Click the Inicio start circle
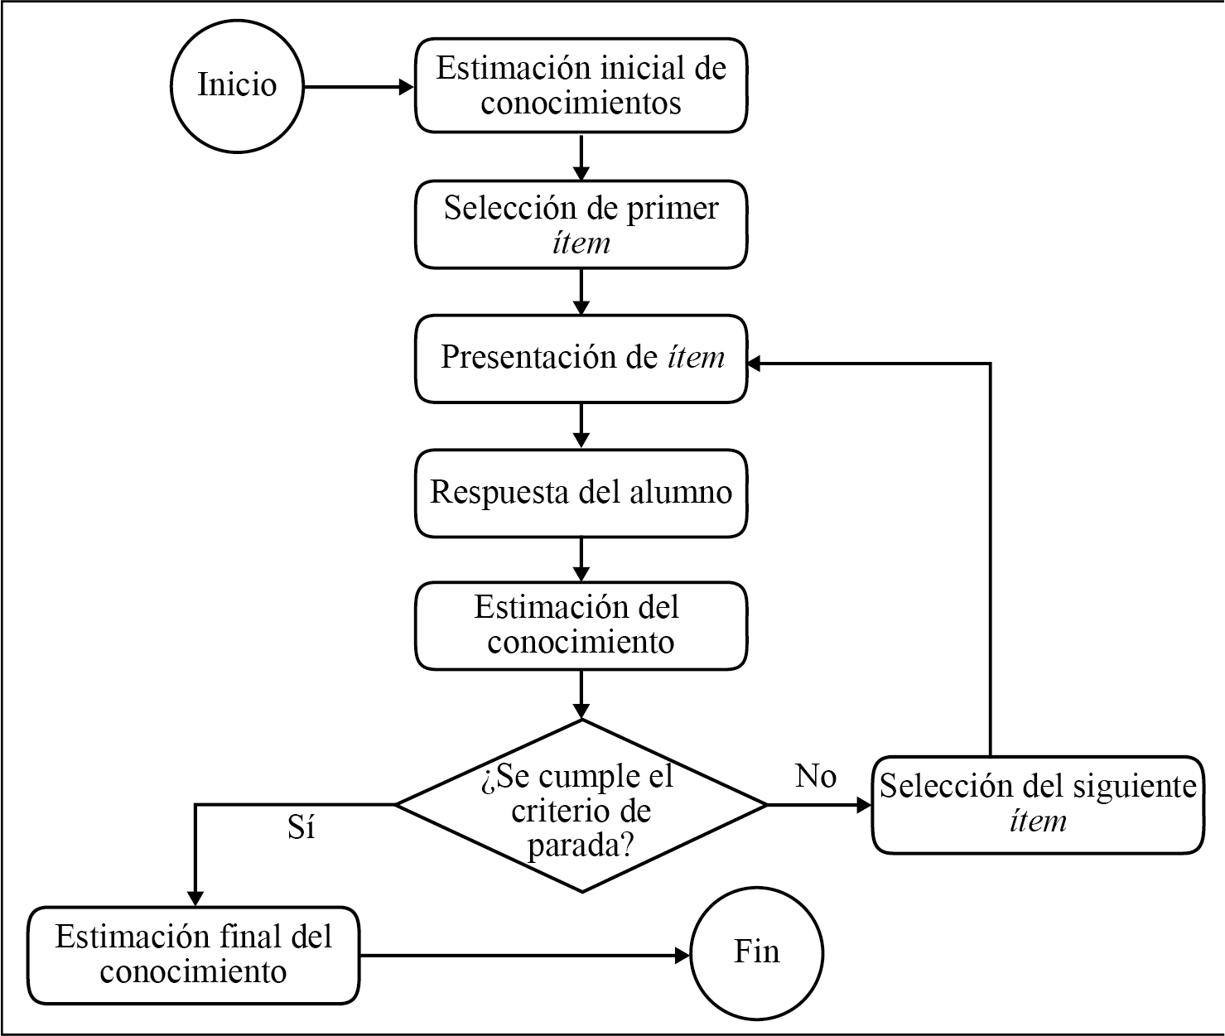[x=237, y=85]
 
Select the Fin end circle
[x=757, y=952]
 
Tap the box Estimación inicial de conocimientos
[x=581, y=85]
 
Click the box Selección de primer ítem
[x=581, y=224]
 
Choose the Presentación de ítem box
[x=581, y=359]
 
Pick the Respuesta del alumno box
[x=581, y=494]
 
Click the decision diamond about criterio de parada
[x=581, y=805]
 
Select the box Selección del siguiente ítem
[x=1038, y=804]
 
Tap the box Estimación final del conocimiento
[x=194, y=955]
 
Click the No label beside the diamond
[x=816, y=776]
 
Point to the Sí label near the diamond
[x=301, y=827]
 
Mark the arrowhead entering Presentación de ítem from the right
[x=756, y=363]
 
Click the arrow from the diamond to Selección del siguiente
[x=818, y=804]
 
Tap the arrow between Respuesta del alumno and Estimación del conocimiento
[x=581, y=560]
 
